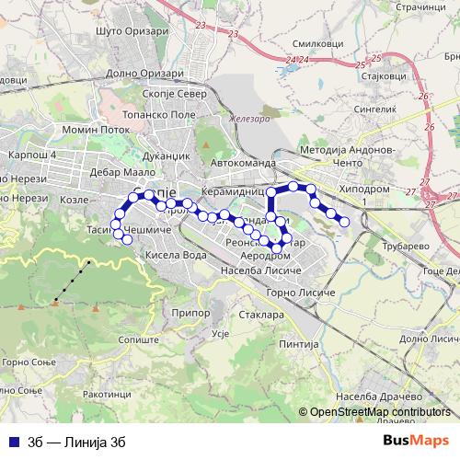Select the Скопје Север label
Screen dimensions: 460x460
click(x=174, y=92)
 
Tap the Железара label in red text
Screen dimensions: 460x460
click(x=247, y=119)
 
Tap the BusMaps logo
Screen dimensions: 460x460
click(x=417, y=440)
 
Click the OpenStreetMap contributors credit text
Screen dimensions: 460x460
click(x=378, y=413)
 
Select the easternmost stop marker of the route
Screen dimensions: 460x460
click(x=344, y=221)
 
